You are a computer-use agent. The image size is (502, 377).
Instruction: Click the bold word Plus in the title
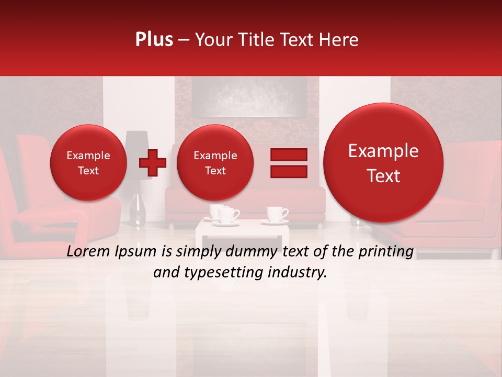click(154, 40)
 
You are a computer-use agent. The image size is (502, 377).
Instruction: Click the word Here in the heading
click(340, 40)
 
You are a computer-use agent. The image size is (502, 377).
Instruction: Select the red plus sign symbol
click(152, 163)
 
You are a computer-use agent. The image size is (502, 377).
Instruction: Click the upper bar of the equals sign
click(288, 154)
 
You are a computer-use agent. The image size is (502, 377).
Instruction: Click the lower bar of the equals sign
click(288, 172)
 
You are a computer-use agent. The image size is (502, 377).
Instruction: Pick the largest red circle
click(383, 163)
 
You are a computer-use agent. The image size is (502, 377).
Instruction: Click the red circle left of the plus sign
click(88, 163)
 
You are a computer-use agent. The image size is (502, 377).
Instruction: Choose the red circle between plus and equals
click(215, 163)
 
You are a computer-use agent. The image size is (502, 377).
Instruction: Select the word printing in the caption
click(385, 252)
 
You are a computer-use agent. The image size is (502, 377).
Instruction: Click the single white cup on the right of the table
click(276, 214)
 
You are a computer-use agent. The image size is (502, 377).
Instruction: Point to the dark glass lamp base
click(138, 209)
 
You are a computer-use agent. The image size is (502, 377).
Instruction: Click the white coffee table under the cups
click(243, 230)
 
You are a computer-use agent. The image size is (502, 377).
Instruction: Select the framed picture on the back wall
click(248, 97)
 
